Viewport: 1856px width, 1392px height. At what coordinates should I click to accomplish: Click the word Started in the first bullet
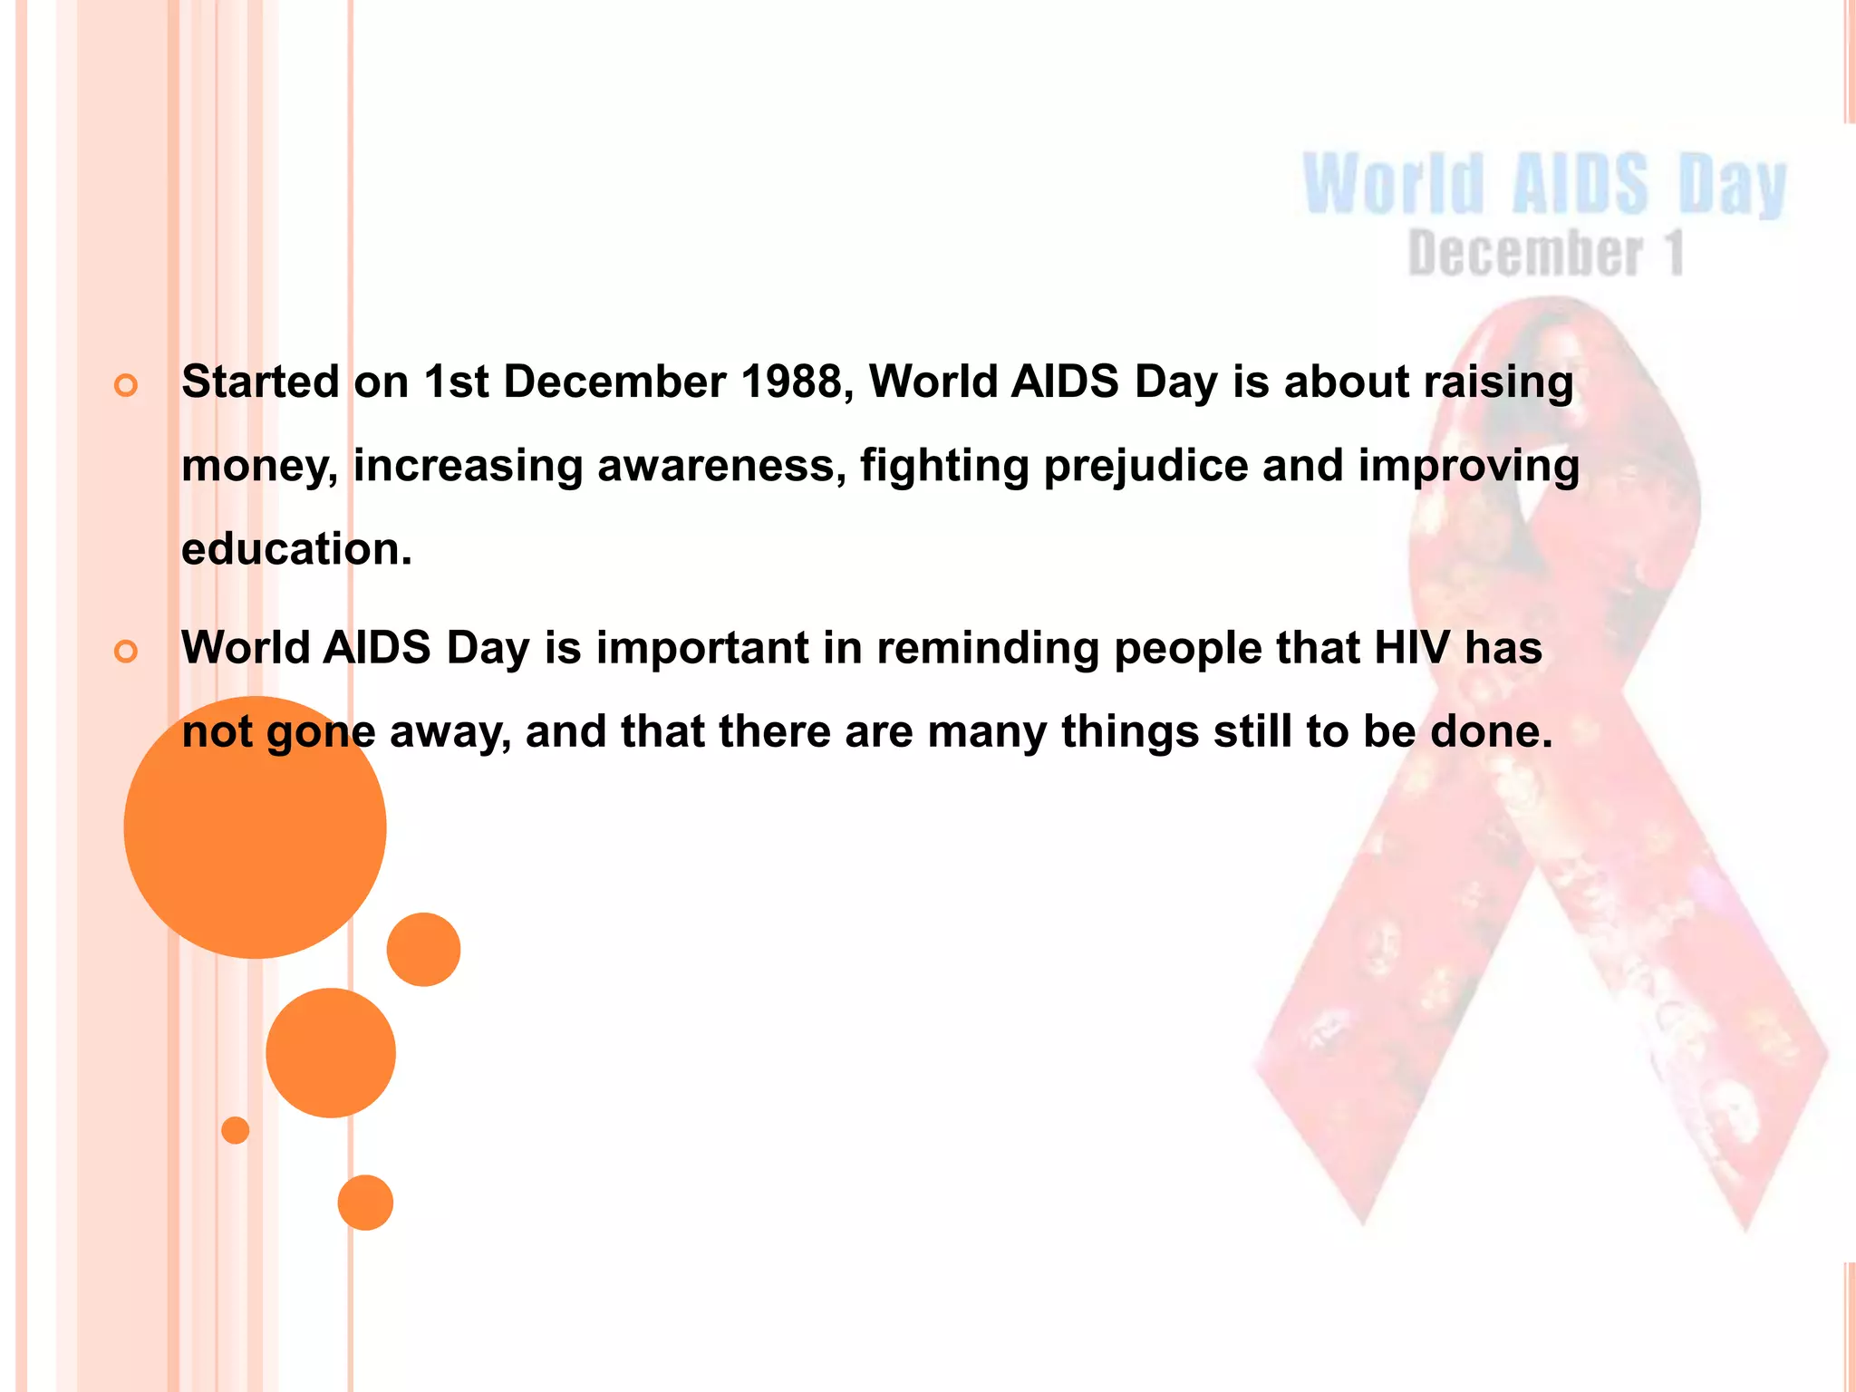pyautogui.click(x=260, y=382)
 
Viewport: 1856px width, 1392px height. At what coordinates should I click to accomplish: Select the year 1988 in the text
pyautogui.click(x=797, y=382)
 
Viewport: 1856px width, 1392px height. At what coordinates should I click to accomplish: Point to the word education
pyautogui.click(x=295, y=550)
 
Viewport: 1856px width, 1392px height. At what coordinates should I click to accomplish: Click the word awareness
pyautogui.click(x=721, y=467)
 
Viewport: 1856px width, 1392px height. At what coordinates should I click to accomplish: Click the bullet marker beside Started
pyautogui.click(x=126, y=386)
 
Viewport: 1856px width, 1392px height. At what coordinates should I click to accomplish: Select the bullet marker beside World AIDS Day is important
pyautogui.click(x=126, y=652)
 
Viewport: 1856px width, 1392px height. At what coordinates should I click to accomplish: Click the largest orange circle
pyautogui.click(x=255, y=826)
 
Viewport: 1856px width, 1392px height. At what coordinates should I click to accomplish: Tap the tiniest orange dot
pyautogui.click(x=236, y=1130)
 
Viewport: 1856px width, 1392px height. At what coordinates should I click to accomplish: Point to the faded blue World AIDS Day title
pyautogui.click(x=1544, y=185)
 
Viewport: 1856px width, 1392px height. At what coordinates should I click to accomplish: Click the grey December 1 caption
pyautogui.click(x=1546, y=253)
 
